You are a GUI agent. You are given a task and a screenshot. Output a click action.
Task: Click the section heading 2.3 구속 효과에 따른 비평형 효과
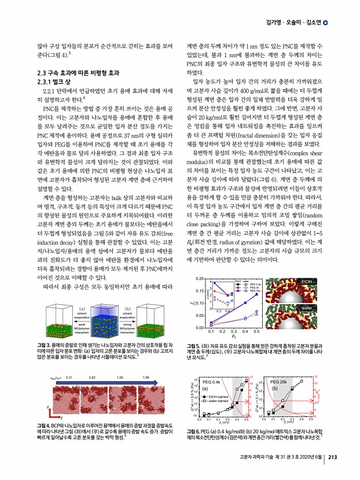click(78, 73)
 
